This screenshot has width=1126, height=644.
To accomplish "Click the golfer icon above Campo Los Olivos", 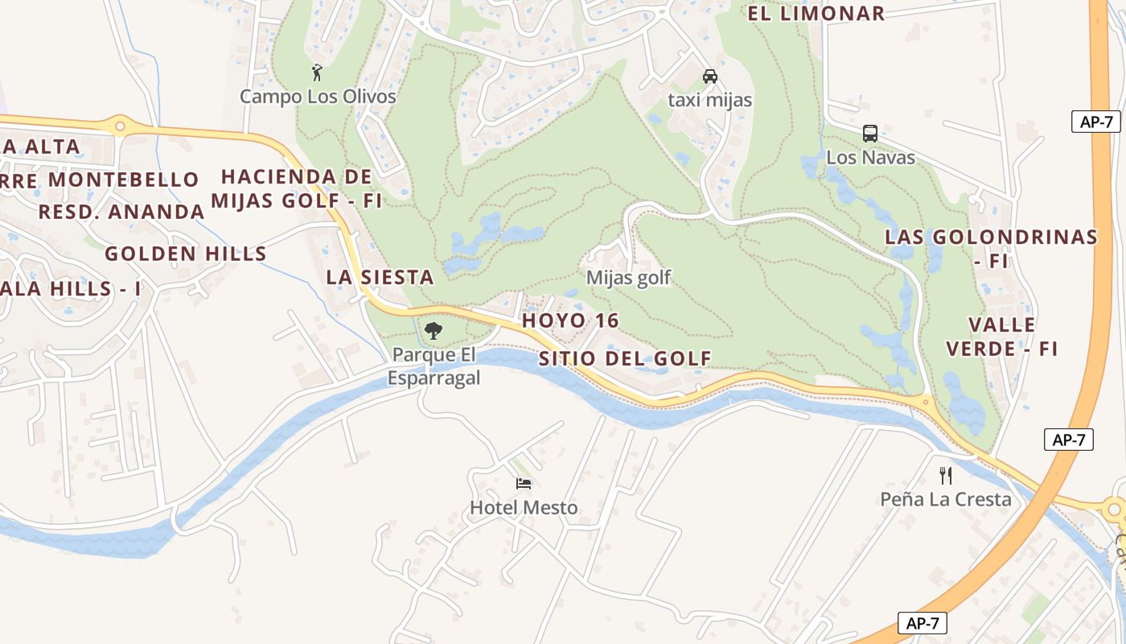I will pos(317,72).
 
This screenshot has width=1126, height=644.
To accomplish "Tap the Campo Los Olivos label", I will pos(318,97).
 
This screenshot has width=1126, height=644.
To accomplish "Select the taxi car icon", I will pos(709,76).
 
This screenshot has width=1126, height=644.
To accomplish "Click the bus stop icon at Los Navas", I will pos(869,134).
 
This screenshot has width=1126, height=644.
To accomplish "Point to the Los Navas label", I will pos(870,158).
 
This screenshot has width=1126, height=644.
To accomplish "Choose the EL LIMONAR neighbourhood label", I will pos(816,14).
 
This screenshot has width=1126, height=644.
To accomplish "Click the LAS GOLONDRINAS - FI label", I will pos(991,248).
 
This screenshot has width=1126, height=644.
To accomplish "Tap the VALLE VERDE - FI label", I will pos(1001,336).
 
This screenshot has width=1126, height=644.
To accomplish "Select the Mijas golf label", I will pos(628,278).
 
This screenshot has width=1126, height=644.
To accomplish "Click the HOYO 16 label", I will pos(570,320).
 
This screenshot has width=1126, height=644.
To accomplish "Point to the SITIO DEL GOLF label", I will pos(625,359).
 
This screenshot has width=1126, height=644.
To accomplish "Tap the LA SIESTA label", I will pos(380,278).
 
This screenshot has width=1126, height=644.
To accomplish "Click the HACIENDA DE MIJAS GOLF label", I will pos(296,188).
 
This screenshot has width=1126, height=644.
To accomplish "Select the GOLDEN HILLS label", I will pos(186,254).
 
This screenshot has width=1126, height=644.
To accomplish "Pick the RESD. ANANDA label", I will pos(121,213).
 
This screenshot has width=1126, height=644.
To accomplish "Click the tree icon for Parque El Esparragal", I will pos(433,330).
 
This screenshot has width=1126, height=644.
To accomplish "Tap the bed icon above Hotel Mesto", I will pos(524,484).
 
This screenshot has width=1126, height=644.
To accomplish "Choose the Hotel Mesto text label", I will pos(524,508).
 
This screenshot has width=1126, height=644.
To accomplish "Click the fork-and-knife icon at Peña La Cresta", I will pos(946,475).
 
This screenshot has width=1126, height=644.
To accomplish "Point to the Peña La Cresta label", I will pos(946,500).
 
